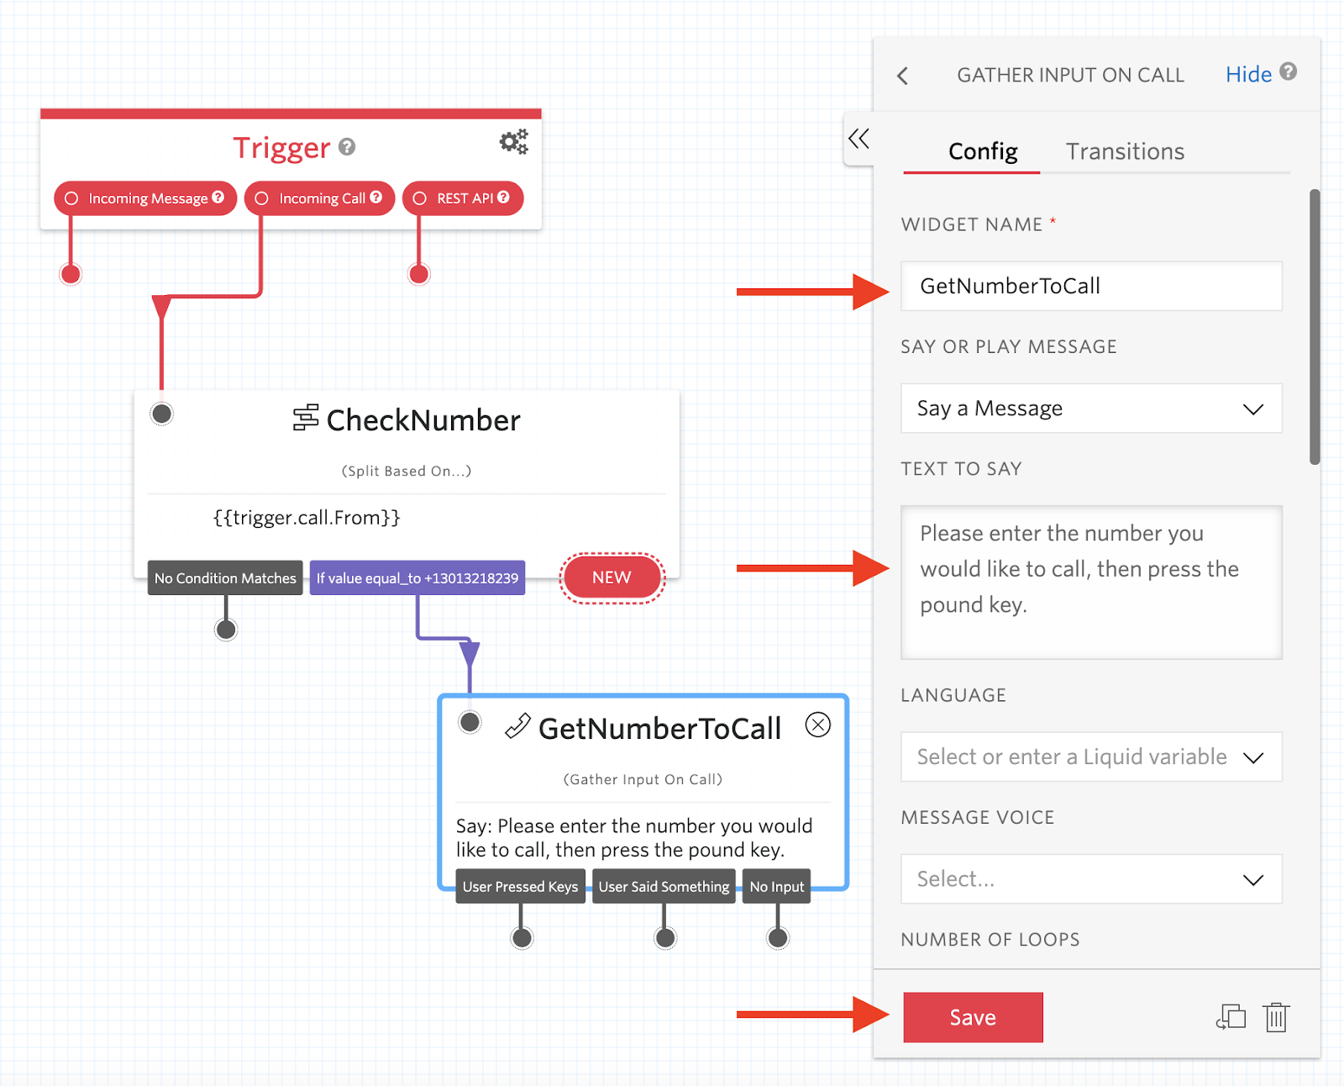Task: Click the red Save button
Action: pyautogui.click(x=973, y=1017)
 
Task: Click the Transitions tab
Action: pyautogui.click(x=1125, y=151)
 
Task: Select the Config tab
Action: pyautogui.click(x=983, y=151)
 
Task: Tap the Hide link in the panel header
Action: pyautogui.click(x=1248, y=75)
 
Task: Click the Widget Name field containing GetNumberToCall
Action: pyautogui.click(x=1090, y=286)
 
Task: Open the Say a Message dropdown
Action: pyautogui.click(x=1090, y=409)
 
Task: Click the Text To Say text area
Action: pyautogui.click(x=1090, y=582)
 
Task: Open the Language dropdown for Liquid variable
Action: pyautogui.click(x=1090, y=757)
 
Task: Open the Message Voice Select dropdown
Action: pyautogui.click(x=1090, y=879)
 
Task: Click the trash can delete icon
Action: pyautogui.click(x=1276, y=1017)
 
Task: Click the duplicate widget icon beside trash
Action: pyautogui.click(x=1231, y=1017)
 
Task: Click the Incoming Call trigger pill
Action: pyautogui.click(x=320, y=198)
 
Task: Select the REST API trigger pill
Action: pyautogui.click(x=463, y=198)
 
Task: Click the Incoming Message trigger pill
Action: pyautogui.click(x=145, y=198)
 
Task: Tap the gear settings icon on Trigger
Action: pyautogui.click(x=513, y=142)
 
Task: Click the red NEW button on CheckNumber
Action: pyautogui.click(x=612, y=577)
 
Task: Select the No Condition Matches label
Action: pyautogui.click(x=225, y=578)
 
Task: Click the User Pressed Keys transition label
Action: pyautogui.click(x=520, y=887)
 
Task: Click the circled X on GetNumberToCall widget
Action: pyautogui.click(x=817, y=725)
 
